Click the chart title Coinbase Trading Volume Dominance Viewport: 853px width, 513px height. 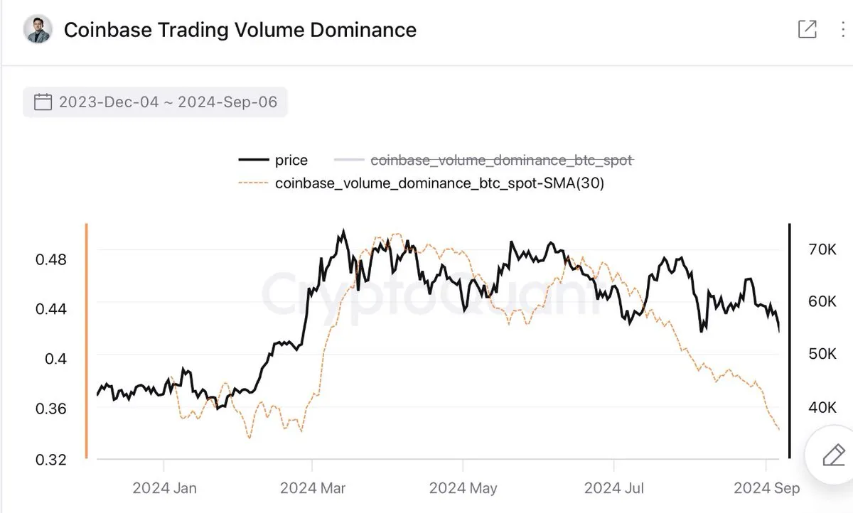(x=240, y=30)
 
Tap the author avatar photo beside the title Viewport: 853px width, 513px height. (x=38, y=29)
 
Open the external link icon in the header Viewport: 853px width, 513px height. (x=807, y=29)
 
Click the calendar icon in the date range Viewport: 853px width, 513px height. (x=43, y=102)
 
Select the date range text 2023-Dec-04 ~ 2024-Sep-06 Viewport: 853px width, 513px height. (x=168, y=102)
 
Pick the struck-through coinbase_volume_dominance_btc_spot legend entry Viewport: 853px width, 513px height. (x=501, y=161)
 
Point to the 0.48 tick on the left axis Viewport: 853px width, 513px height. (x=50, y=259)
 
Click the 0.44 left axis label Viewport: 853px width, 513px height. (x=50, y=309)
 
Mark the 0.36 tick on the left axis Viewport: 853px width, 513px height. (x=50, y=409)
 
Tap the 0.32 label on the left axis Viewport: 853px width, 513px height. (x=50, y=459)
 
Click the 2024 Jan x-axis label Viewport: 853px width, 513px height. (x=164, y=488)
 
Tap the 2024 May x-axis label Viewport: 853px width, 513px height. (x=463, y=488)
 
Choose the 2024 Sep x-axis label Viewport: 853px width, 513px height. (x=766, y=488)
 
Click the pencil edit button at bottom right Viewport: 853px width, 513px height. (x=832, y=455)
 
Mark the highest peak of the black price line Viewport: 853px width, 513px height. (x=343, y=230)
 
